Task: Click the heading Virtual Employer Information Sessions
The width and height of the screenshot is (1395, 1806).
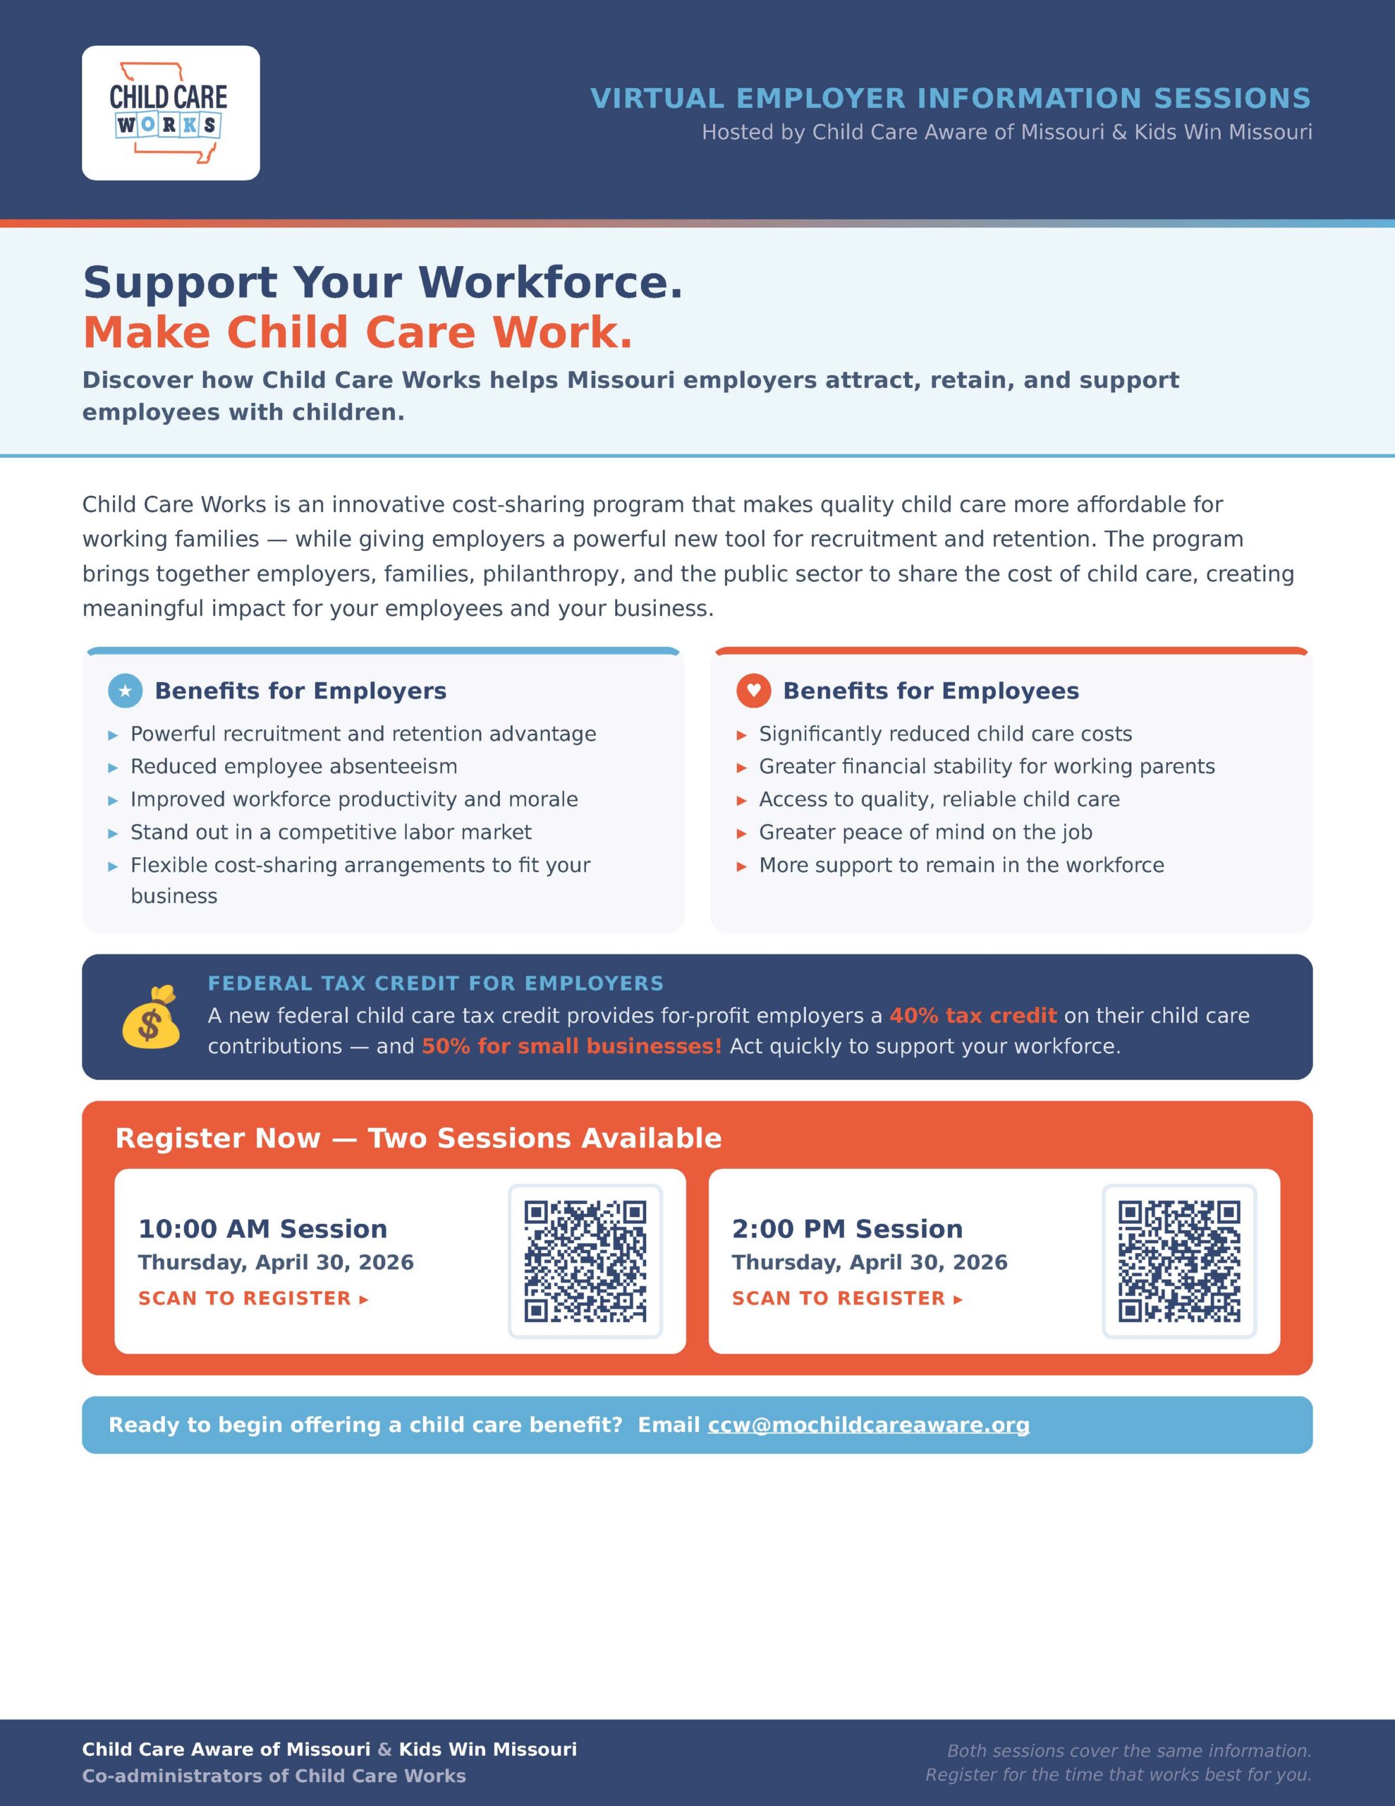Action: [950, 98]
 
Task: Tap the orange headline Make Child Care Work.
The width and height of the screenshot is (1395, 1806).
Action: [358, 332]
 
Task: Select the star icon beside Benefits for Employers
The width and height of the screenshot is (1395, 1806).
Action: [126, 691]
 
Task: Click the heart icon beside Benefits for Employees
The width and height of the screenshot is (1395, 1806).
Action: [753, 691]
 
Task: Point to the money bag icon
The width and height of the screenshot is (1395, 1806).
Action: [150, 1017]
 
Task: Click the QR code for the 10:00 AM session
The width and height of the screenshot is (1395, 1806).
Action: [585, 1261]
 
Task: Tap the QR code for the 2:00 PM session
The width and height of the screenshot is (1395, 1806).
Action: [1178, 1261]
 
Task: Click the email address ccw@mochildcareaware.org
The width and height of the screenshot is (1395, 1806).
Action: [868, 1425]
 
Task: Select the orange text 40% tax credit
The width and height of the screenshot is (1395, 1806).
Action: [973, 1015]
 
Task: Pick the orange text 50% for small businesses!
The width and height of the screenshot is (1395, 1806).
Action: [571, 1046]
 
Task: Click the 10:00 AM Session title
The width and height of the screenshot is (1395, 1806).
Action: [262, 1229]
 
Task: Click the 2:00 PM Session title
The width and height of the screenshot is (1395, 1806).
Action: [847, 1229]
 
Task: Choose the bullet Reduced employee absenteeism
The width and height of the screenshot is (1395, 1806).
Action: [293, 767]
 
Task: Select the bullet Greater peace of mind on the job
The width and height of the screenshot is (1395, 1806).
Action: [925, 832]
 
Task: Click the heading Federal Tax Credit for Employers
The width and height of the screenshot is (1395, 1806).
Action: [435, 983]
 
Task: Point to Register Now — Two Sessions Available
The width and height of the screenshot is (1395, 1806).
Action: [418, 1138]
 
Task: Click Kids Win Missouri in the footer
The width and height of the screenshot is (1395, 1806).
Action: [488, 1749]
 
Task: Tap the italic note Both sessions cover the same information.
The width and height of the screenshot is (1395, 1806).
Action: [1128, 1750]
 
